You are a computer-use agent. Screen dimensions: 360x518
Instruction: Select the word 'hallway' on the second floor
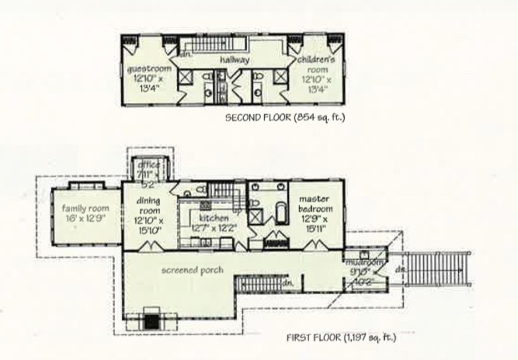click(233, 58)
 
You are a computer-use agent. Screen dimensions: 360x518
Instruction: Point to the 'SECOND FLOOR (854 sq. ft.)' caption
click(284, 118)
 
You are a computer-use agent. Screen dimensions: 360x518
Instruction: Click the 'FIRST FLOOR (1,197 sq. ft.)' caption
click(341, 337)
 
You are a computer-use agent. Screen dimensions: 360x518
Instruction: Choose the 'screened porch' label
click(193, 270)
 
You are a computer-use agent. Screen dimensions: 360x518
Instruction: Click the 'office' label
click(148, 165)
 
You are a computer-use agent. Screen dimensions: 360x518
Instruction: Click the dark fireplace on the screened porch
click(152, 319)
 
